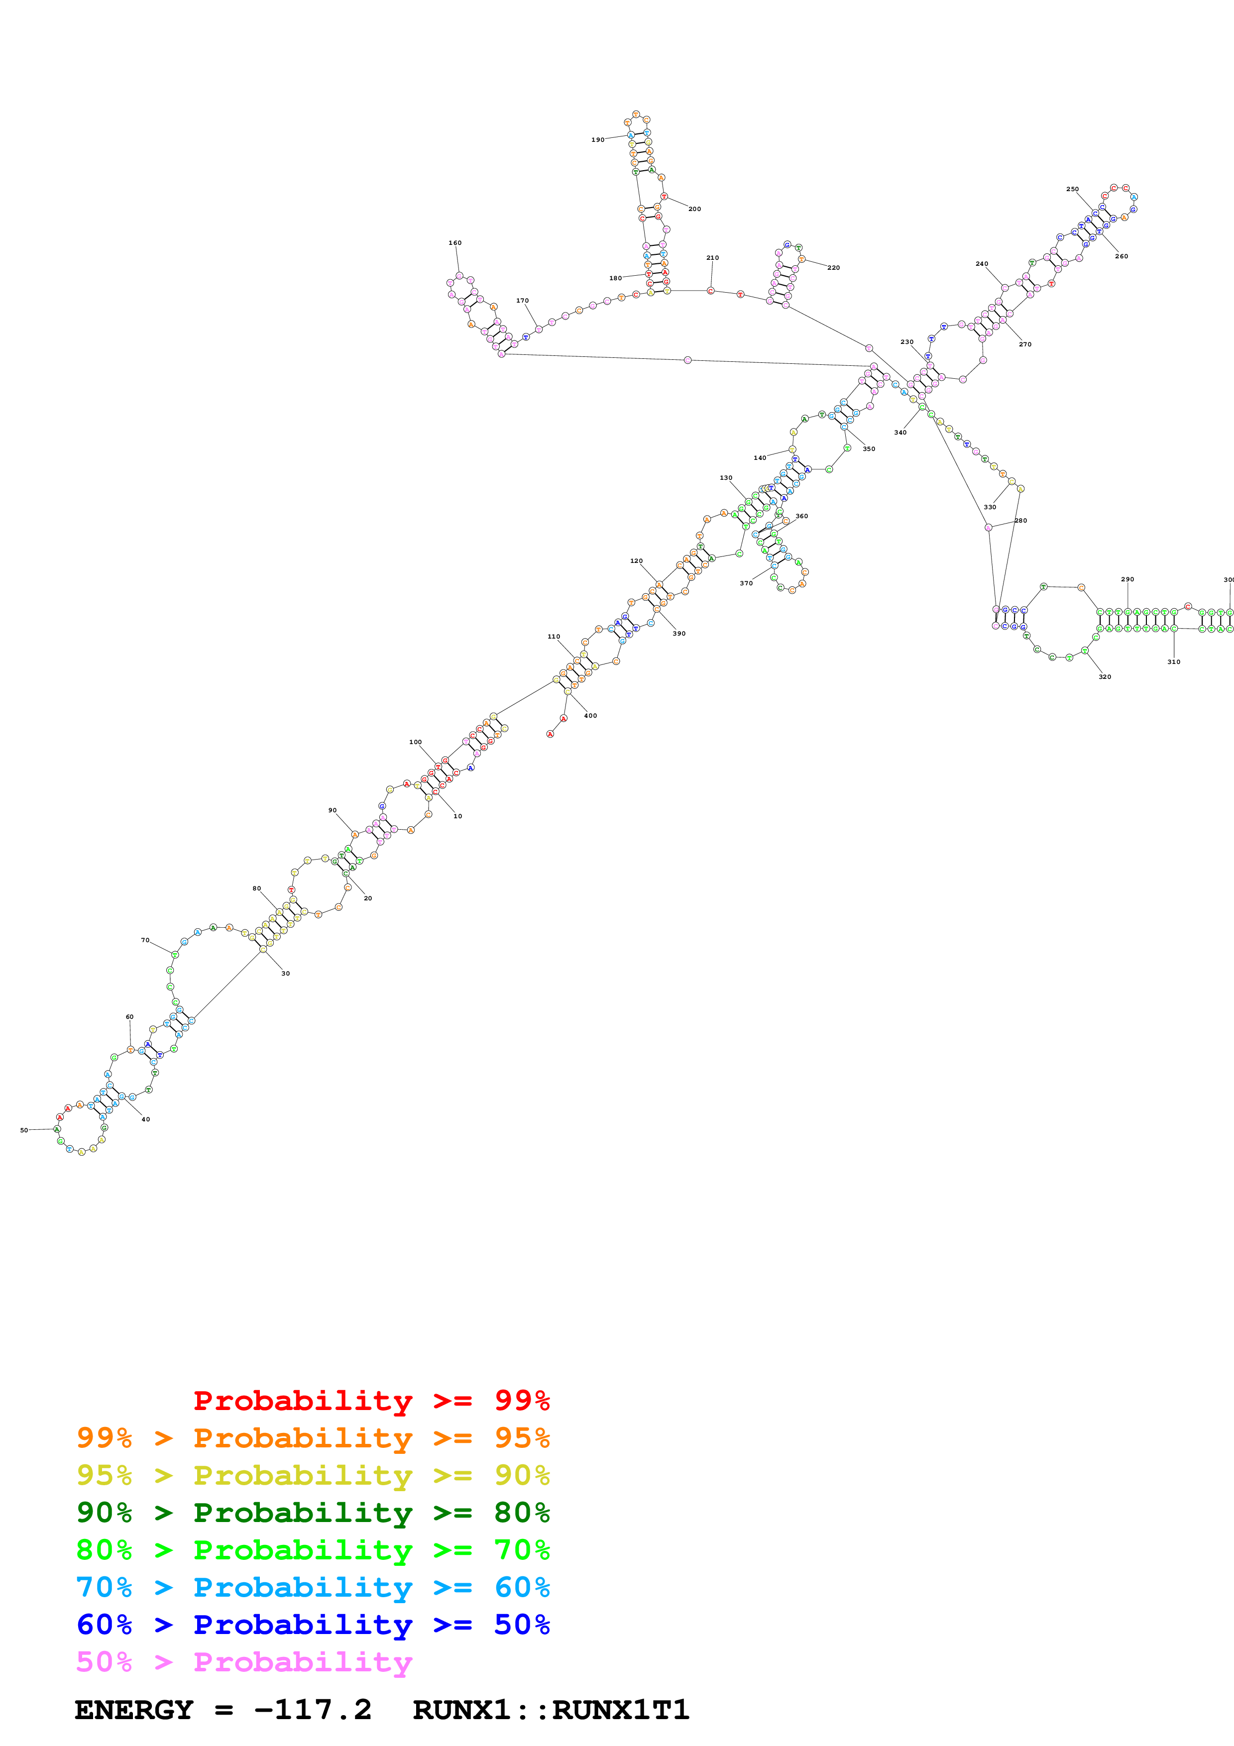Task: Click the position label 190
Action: [598, 140]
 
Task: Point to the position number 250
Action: [1072, 189]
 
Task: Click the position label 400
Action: [590, 716]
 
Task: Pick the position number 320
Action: [1104, 677]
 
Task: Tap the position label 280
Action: [1020, 521]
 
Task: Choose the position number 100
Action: [415, 742]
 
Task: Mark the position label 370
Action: [746, 583]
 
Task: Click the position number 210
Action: [712, 258]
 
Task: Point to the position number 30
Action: [285, 974]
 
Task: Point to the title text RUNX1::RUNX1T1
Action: [551, 1710]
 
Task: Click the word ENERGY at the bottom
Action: [134, 1710]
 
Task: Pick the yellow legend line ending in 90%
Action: [313, 1475]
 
